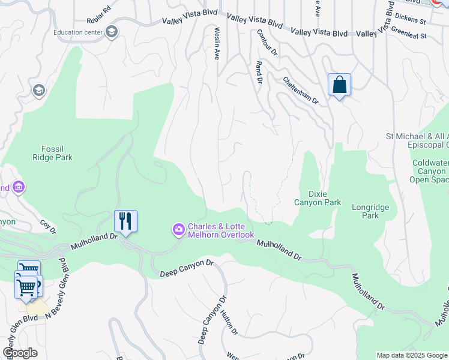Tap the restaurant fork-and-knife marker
[125, 221]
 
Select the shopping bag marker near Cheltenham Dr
[339, 85]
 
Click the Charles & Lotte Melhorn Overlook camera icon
[179, 230]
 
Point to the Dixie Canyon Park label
[316, 198]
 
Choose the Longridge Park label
[370, 211]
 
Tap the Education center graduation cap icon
[111, 32]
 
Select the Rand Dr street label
[259, 72]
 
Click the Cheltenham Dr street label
[300, 90]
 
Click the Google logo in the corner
[20, 353]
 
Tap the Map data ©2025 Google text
[412, 355]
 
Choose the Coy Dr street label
[48, 227]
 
